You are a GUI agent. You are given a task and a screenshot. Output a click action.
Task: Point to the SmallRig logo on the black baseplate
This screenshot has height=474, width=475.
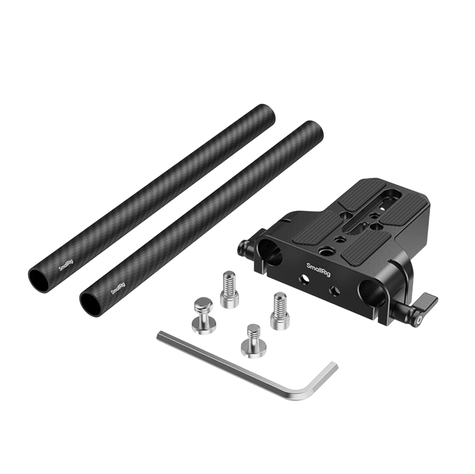319,270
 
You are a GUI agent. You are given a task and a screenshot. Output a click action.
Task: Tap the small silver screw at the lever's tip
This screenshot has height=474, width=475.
419,321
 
